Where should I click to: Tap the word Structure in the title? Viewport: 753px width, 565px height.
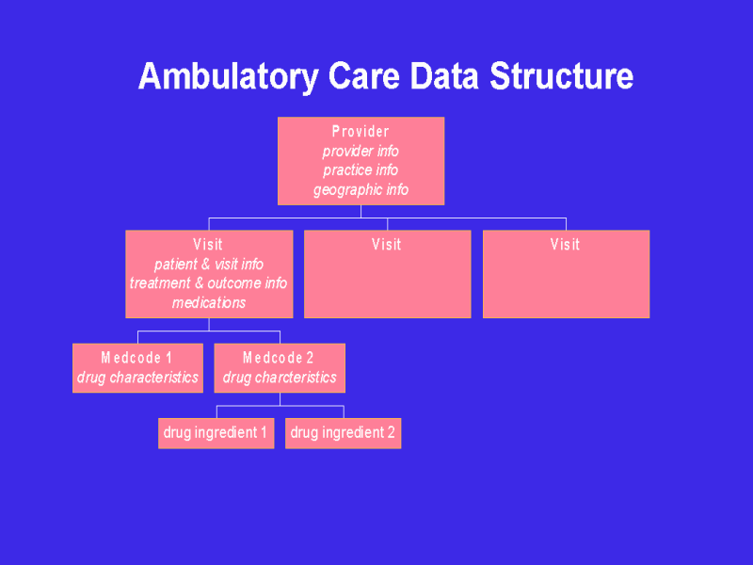click(561, 76)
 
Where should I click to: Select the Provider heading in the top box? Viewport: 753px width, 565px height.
click(360, 132)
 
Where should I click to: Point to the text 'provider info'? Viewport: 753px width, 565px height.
click(360, 151)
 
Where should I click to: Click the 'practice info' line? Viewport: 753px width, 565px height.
click(360, 170)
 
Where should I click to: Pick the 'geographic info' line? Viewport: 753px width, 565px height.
click(360, 190)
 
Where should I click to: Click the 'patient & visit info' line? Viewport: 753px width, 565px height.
click(209, 264)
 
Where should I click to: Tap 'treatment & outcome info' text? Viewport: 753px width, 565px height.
click(209, 282)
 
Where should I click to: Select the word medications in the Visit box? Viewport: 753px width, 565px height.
click(209, 302)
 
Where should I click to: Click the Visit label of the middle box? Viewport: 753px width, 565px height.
click(387, 245)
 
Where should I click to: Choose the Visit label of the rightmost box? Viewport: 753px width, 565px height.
click(566, 245)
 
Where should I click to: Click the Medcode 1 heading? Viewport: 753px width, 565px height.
click(136, 358)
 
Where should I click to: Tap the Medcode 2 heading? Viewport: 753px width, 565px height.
click(279, 358)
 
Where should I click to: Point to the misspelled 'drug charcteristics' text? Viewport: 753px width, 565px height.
click(280, 378)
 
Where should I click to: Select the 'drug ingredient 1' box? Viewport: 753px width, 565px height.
click(216, 433)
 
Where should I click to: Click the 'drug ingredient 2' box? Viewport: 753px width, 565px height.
click(343, 433)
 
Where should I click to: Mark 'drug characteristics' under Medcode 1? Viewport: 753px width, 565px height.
click(137, 378)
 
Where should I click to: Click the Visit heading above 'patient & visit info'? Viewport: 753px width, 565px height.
click(208, 245)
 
